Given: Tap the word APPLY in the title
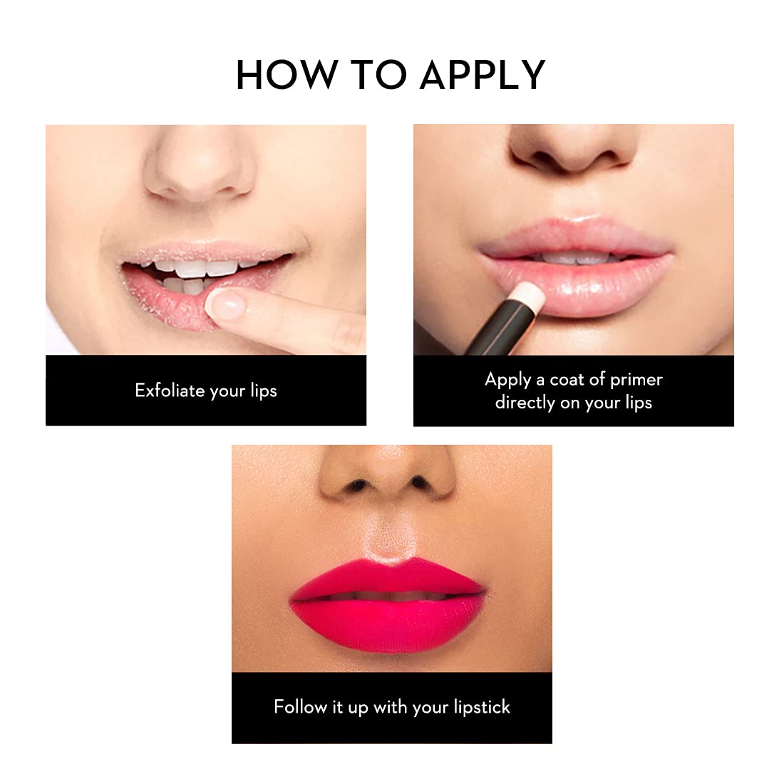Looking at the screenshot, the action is point(483,75).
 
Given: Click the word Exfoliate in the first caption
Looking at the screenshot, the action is point(170,390).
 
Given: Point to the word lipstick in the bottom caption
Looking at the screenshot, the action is point(482,707).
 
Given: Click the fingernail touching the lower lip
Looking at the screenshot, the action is point(225,305).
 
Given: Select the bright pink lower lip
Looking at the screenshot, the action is point(388,626).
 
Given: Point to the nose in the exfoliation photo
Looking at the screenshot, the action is point(200,165).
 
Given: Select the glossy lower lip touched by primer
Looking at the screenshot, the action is point(580,287).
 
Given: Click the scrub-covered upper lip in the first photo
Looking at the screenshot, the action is point(205,252).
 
